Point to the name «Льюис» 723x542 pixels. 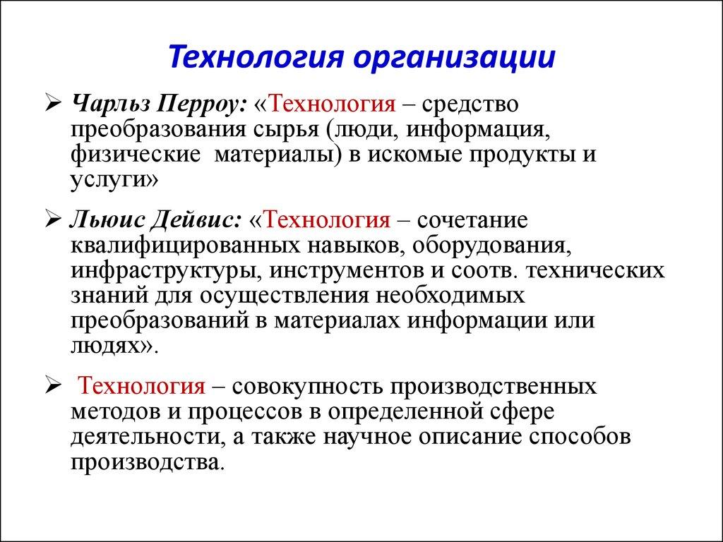(x=105, y=220)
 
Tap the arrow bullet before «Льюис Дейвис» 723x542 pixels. (x=54, y=220)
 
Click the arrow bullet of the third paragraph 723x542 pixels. (x=54, y=386)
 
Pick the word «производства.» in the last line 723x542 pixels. (x=148, y=461)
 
